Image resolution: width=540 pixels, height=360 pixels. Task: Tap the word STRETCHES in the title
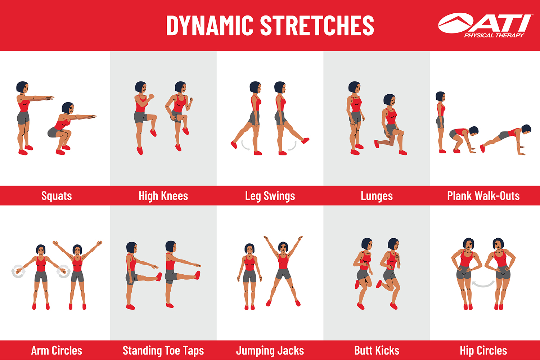pos(317,26)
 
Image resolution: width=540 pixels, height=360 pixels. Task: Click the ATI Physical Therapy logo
pos(485,25)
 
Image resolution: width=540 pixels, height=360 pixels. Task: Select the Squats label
pos(57,196)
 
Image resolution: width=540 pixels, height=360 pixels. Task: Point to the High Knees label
pos(163,196)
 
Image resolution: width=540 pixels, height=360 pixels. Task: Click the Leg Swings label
pos(270,196)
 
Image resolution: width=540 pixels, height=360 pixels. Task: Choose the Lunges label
pos(377,196)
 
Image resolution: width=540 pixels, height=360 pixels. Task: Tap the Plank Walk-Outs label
pos(483,196)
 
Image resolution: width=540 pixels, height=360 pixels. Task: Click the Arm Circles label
pos(57,350)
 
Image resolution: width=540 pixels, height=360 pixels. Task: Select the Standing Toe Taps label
pos(163,350)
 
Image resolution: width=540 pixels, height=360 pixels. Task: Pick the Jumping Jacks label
pos(270,350)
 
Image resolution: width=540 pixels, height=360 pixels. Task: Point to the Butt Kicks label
pos(377,350)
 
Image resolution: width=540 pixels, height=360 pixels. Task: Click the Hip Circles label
pos(483,350)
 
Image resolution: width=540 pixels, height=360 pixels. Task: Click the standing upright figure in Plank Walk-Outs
pos(440,121)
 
